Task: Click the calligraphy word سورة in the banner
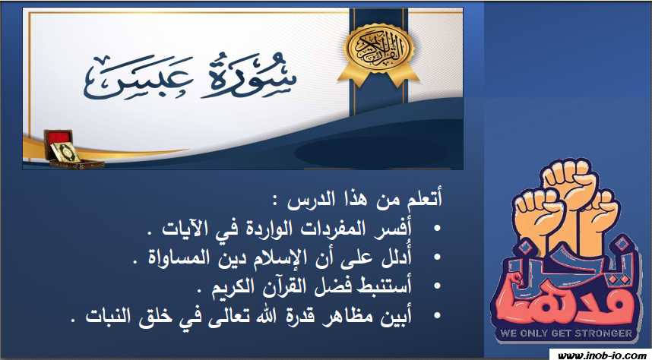[x=248, y=75]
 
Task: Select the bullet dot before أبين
[x=437, y=315]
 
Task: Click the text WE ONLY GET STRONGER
[x=566, y=333]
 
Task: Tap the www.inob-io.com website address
[x=600, y=355]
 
